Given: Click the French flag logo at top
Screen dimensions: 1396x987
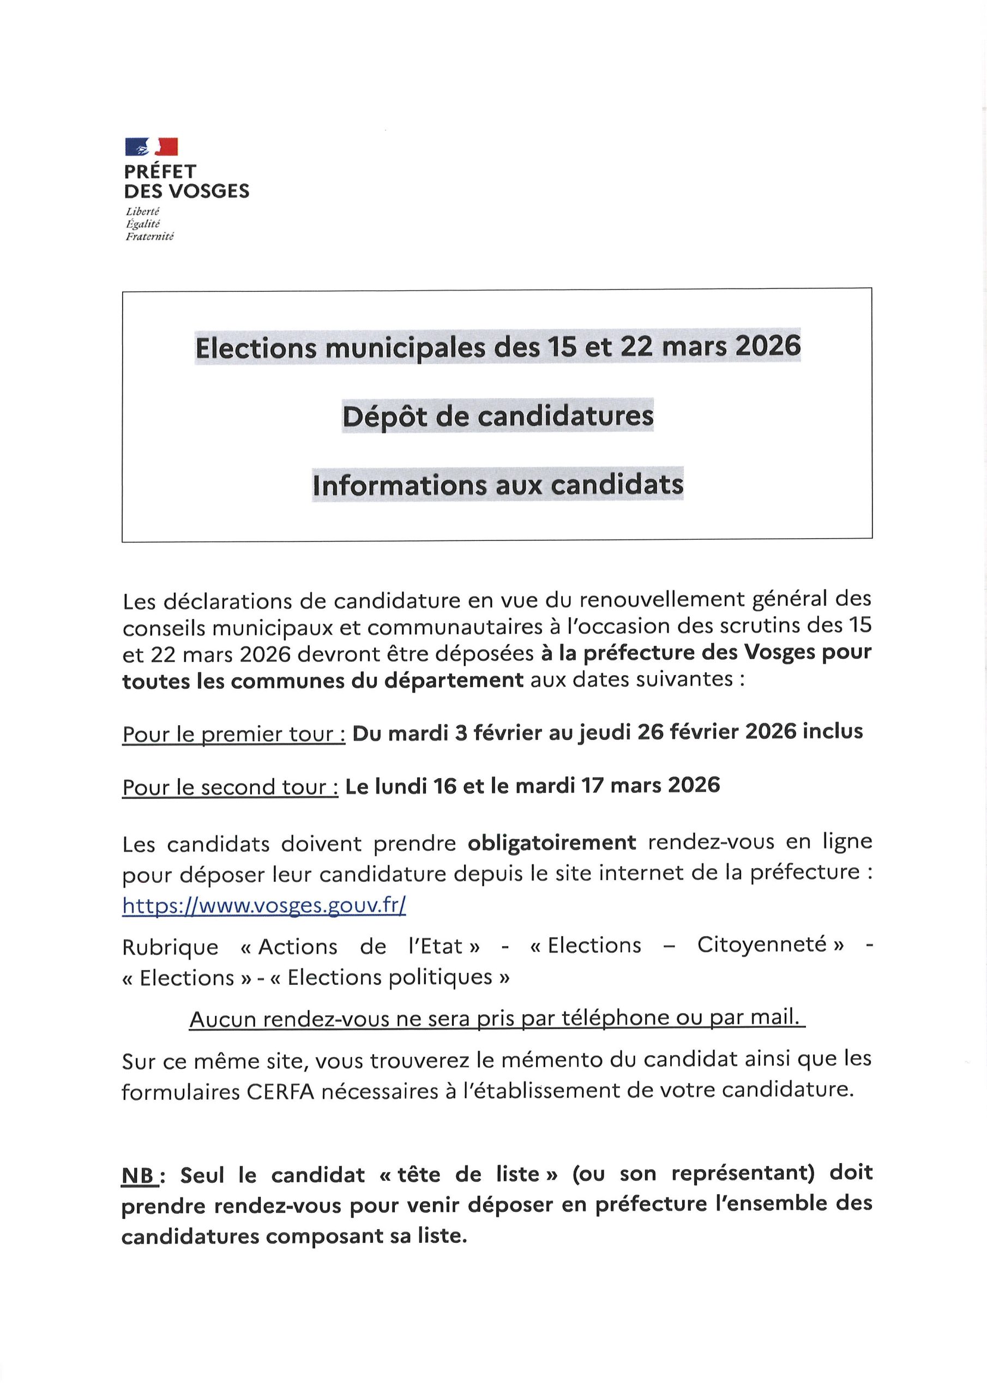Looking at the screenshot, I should point(152,147).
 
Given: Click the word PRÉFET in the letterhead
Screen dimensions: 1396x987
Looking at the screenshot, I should point(160,171).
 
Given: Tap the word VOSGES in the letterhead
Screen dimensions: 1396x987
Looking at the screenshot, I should point(209,191).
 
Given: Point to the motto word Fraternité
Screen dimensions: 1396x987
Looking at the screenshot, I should point(149,237).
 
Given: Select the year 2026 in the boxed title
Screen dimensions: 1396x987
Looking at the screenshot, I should point(767,346).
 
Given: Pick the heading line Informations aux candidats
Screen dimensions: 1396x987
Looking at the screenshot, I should point(497,485).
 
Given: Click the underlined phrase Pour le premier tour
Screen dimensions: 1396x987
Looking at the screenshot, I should point(233,734).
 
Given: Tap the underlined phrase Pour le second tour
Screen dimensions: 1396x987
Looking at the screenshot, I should point(230,787).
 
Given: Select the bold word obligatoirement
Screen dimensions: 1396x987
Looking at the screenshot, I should point(552,843).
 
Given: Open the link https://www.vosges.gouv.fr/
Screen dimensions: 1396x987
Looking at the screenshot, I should point(264,905).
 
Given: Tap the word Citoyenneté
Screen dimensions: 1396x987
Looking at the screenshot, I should point(762,945).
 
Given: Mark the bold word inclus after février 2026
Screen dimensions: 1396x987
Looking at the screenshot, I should point(833,731).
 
